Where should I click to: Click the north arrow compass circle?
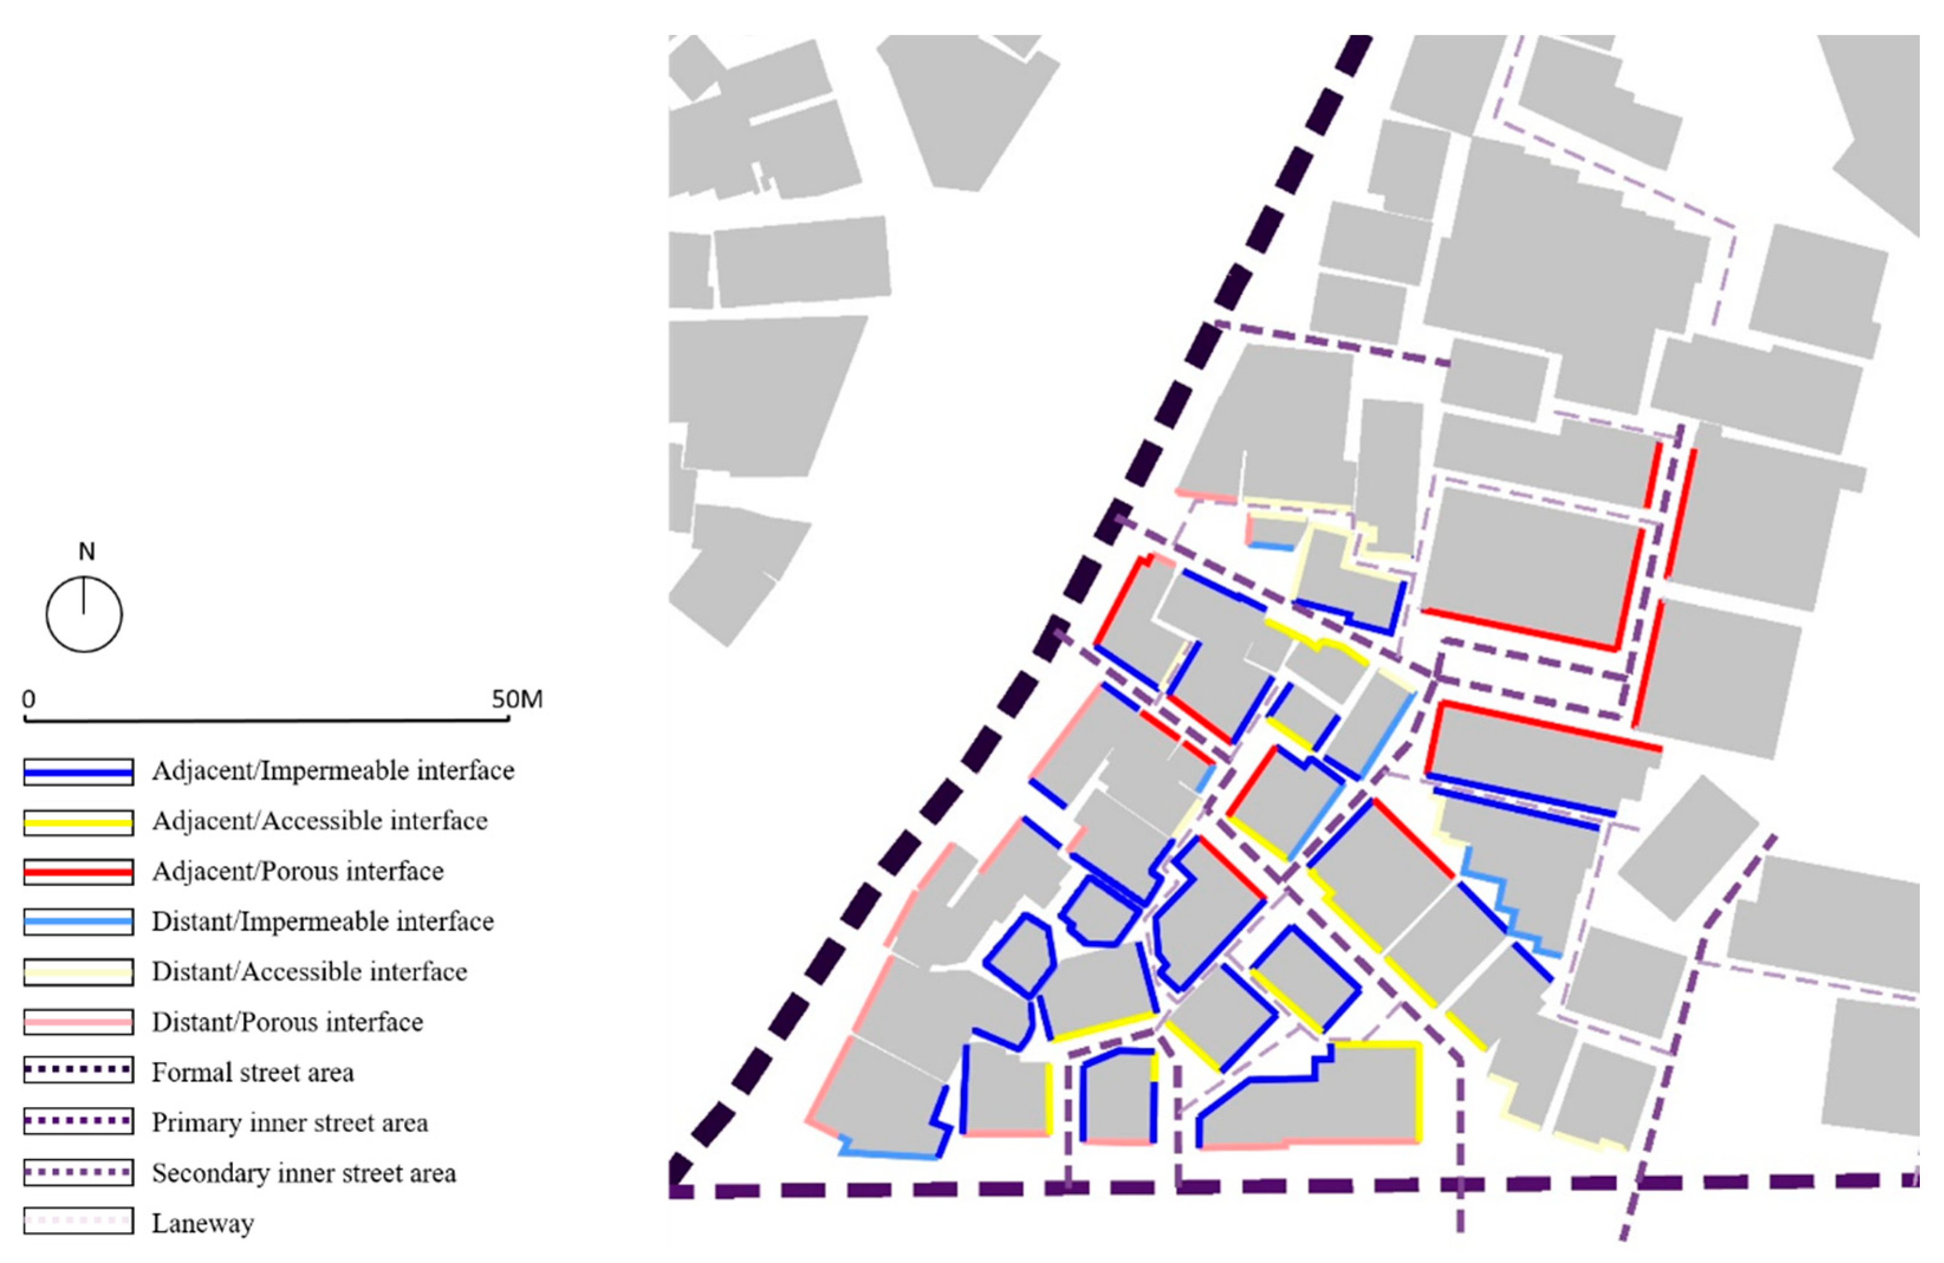tap(84, 614)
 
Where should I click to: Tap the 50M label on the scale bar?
tap(517, 699)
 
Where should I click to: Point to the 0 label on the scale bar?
tap(28, 699)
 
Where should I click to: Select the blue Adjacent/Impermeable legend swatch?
tap(79, 772)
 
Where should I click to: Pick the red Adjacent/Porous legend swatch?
tap(79, 872)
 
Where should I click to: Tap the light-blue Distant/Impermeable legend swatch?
tap(79, 922)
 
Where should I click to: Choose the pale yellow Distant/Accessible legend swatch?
tap(79, 972)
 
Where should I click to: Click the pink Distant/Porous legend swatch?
tap(79, 1022)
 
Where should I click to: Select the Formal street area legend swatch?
tap(79, 1072)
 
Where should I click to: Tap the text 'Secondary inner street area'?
tap(303, 1173)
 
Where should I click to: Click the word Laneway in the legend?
tap(203, 1223)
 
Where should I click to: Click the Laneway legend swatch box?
tap(79, 1222)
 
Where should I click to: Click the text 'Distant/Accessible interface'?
tap(310, 972)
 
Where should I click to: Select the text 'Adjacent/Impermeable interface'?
tap(333, 771)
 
